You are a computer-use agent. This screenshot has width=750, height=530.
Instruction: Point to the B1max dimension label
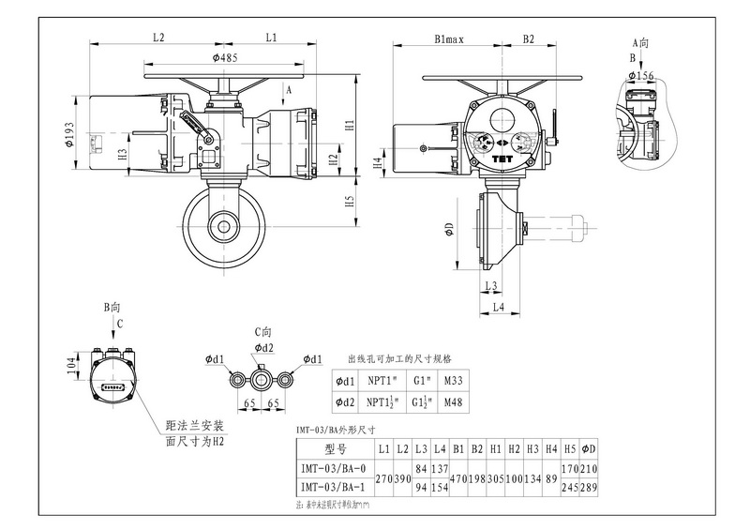450,39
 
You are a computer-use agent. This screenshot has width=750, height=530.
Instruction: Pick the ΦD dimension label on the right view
449,230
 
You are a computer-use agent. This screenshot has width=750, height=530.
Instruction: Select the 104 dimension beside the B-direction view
72,366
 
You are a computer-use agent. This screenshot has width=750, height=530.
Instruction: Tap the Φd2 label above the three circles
264,348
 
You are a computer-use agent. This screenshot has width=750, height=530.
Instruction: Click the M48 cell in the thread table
454,402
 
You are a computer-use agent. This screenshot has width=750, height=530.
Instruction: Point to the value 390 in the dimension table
402,477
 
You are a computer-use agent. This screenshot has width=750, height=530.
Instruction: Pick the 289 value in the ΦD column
590,487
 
